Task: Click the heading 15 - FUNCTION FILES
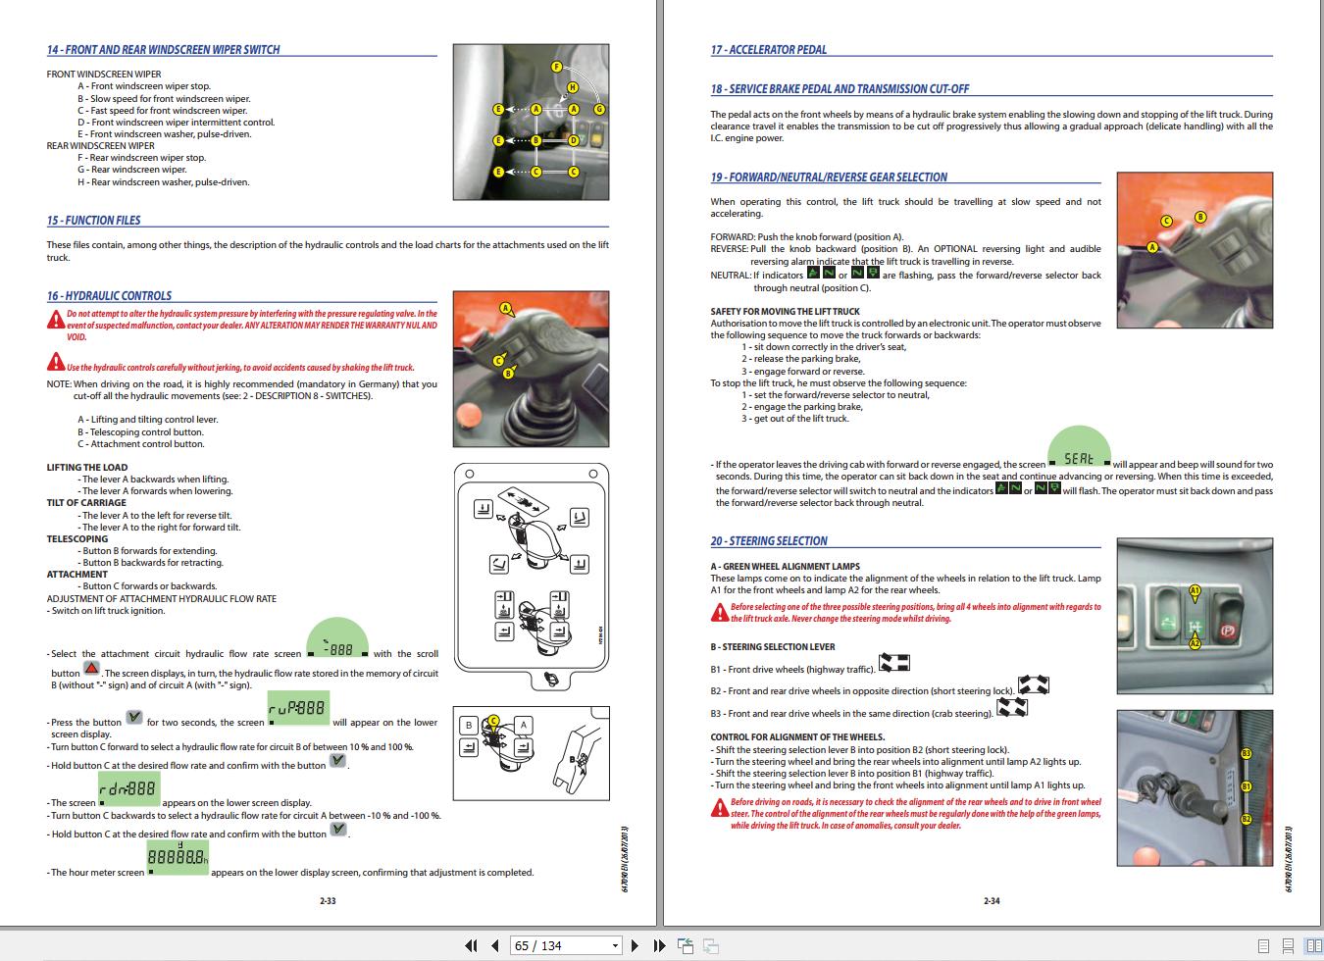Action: click(x=93, y=221)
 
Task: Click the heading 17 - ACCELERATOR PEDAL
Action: click(x=768, y=50)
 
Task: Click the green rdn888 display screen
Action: click(x=128, y=789)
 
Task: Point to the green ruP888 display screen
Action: click(x=298, y=709)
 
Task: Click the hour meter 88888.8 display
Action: click(x=178, y=860)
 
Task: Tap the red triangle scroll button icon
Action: click(x=91, y=669)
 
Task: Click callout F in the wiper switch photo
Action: click(x=556, y=67)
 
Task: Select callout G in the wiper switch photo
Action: click(x=599, y=110)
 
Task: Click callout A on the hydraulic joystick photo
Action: click(x=506, y=308)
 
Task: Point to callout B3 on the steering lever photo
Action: click(x=1246, y=753)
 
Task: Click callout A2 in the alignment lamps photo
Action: click(x=1195, y=643)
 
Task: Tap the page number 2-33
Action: click(x=328, y=901)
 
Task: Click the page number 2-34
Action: click(x=992, y=901)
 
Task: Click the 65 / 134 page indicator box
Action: click(x=566, y=945)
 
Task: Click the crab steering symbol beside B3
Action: click(x=1012, y=707)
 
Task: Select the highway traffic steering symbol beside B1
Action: click(x=894, y=664)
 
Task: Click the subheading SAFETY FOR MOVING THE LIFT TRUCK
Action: click(x=771, y=312)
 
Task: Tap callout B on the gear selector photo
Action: click(x=1199, y=217)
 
